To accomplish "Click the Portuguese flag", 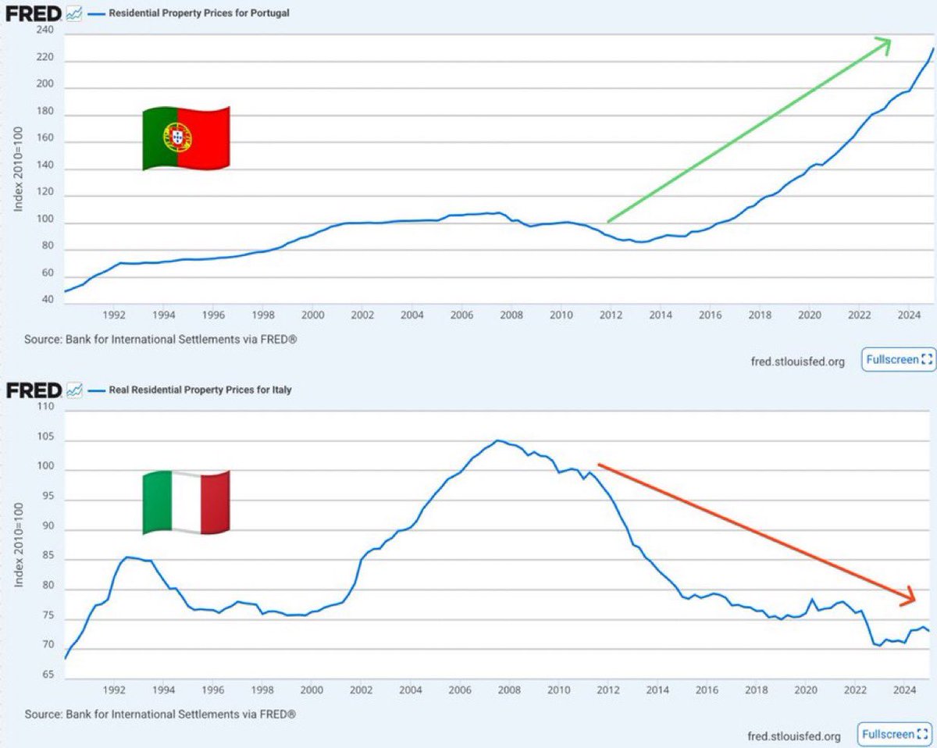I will [185, 138].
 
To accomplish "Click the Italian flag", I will [185, 503].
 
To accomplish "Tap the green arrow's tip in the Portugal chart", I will [889, 40].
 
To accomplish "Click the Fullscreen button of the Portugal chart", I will [899, 360].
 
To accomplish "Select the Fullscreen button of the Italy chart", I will [896, 734].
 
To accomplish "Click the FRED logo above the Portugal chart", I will [34, 12].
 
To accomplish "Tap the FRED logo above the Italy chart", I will [34, 389].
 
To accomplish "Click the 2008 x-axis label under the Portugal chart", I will [511, 315].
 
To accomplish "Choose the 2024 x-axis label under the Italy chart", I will [904, 690].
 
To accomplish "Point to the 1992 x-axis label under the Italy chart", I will [114, 690].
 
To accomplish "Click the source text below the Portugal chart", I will [161, 340].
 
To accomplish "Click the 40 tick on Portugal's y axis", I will [48, 300].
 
